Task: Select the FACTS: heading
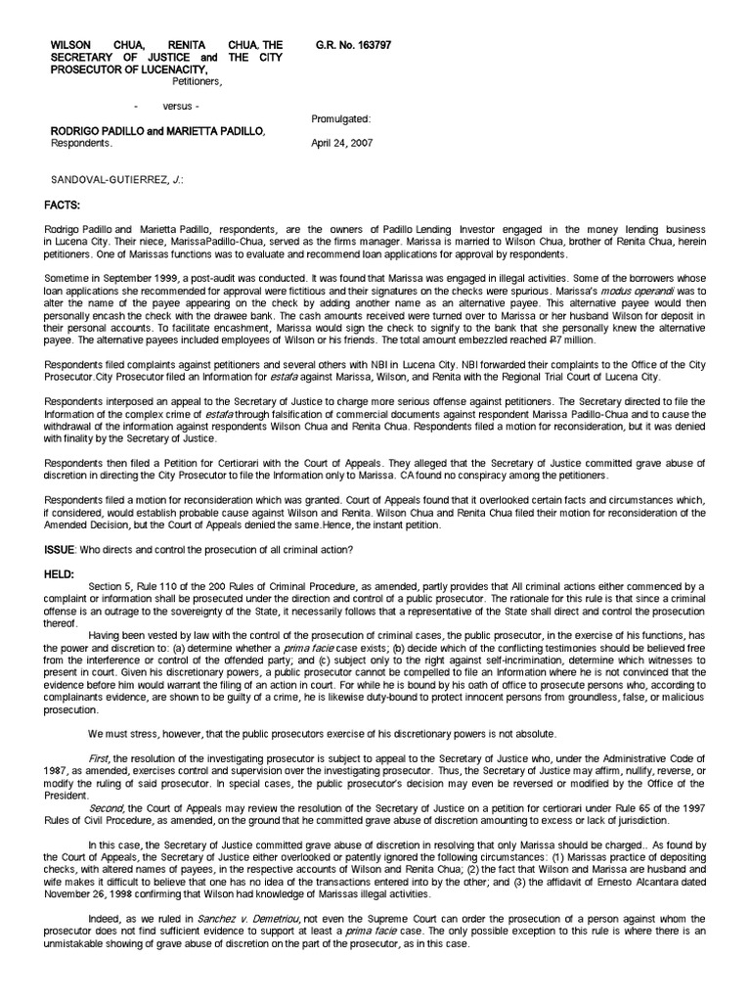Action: [x=66, y=178]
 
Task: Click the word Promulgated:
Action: [x=340, y=118]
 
